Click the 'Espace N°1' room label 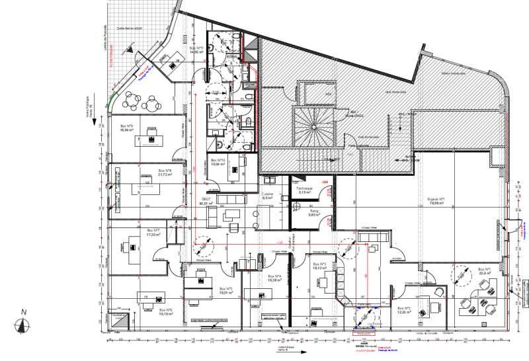[436, 201]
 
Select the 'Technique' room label [304, 190]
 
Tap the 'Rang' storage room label [314, 213]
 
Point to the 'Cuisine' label [268, 196]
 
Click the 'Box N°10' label [218, 162]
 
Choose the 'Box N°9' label [126, 128]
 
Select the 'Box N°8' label [165, 173]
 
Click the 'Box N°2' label [404, 309]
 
